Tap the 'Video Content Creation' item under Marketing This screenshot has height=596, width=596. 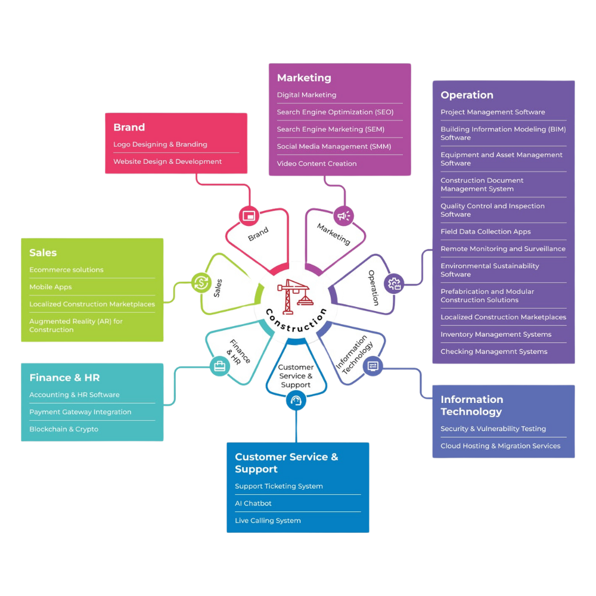pyautogui.click(x=316, y=164)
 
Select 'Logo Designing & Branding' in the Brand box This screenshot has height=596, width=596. pyautogui.click(x=160, y=144)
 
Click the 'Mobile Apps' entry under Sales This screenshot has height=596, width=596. pyautogui.click(x=51, y=287)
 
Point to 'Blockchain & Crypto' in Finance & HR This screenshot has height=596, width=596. pyautogui.click(x=64, y=429)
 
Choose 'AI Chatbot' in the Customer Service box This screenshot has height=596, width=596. pyautogui.click(x=253, y=504)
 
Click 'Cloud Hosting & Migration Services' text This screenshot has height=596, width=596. pyautogui.click(x=500, y=446)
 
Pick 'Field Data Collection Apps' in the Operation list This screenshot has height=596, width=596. pyautogui.click(x=485, y=232)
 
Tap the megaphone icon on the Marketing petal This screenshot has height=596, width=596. pyautogui.click(x=344, y=215)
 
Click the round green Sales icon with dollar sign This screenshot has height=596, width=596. pyautogui.click(x=201, y=281)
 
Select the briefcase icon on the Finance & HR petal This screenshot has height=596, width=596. pyautogui.click(x=220, y=366)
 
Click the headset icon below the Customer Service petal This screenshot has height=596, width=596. pyautogui.click(x=296, y=402)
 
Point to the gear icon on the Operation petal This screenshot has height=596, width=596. pyautogui.click(x=395, y=283)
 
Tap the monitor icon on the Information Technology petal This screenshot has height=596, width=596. pyautogui.click(x=373, y=366)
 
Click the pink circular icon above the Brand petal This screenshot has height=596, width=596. pyautogui.click(x=248, y=215)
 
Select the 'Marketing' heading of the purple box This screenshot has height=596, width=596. pyautogui.click(x=304, y=78)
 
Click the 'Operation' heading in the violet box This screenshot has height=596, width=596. pyautogui.click(x=467, y=95)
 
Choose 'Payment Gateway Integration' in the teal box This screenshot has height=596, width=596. pyautogui.click(x=80, y=412)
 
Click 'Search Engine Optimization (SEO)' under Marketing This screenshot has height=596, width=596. pyautogui.click(x=335, y=112)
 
